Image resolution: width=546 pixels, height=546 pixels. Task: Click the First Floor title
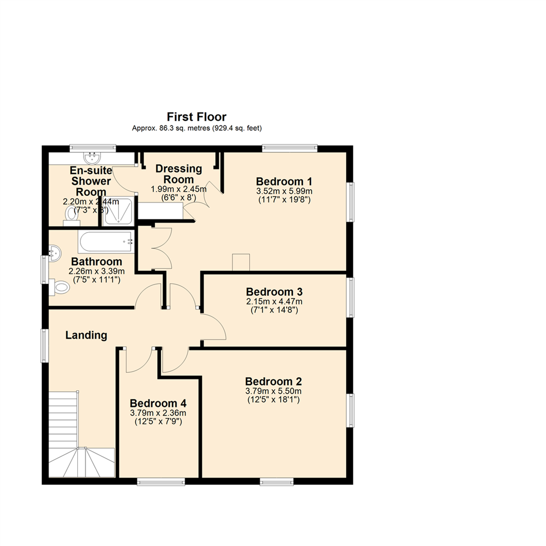click(x=197, y=117)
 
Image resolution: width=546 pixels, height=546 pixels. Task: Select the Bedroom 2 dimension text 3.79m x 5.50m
click(x=274, y=391)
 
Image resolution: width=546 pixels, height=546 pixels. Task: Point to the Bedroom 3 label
click(x=274, y=292)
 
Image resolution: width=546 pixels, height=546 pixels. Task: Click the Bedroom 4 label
click(x=158, y=403)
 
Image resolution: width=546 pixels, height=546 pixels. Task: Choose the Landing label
click(x=86, y=335)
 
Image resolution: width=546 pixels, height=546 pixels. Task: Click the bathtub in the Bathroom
click(x=106, y=242)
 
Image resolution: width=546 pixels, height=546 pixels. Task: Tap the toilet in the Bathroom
click(x=60, y=288)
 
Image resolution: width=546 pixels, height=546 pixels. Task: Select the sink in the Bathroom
click(x=54, y=250)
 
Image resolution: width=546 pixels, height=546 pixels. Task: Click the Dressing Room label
click(x=179, y=174)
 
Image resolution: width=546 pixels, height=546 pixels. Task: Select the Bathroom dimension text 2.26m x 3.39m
click(x=96, y=271)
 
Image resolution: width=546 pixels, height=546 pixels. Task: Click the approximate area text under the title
click(x=197, y=128)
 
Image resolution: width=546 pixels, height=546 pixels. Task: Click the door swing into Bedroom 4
click(x=138, y=360)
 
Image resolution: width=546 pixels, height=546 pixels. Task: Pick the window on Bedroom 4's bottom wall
click(x=161, y=482)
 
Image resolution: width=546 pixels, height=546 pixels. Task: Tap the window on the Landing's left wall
click(x=44, y=345)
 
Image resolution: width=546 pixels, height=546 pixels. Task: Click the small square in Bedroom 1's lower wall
click(x=241, y=262)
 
